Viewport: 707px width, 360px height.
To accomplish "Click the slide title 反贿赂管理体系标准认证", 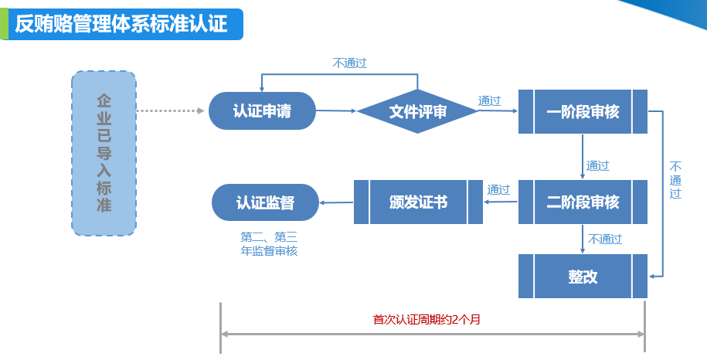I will click(121, 23).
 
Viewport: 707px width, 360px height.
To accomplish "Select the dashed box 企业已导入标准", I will click(104, 153).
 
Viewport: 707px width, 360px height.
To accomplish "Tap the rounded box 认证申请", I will click(262, 110).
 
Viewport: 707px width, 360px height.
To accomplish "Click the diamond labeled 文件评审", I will click(417, 111).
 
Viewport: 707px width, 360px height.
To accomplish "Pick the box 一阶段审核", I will click(583, 111).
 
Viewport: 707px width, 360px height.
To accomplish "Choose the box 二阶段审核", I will click(583, 202).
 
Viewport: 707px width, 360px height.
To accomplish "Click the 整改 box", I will click(583, 276).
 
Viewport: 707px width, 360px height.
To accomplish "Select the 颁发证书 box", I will click(418, 202).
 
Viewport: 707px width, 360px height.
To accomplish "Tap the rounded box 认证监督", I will click(266, 202).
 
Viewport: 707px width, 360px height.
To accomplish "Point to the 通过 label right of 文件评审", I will click(489, 100).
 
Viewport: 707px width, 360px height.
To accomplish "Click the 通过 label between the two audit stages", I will click(597, 165).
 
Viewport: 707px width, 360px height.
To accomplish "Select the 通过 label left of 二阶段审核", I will click(498, 189).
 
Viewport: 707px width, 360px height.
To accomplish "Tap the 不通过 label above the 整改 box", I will click(605, 239).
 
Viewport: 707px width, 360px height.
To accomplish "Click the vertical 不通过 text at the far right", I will click(675, 180).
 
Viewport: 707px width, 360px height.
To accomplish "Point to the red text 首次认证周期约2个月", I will click(427, 319).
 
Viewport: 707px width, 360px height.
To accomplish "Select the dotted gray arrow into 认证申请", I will click(170, 111).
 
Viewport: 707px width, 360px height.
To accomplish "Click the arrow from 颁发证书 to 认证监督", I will click(336, 203).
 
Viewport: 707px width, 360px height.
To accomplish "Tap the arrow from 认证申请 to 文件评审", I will click(336, 111).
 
